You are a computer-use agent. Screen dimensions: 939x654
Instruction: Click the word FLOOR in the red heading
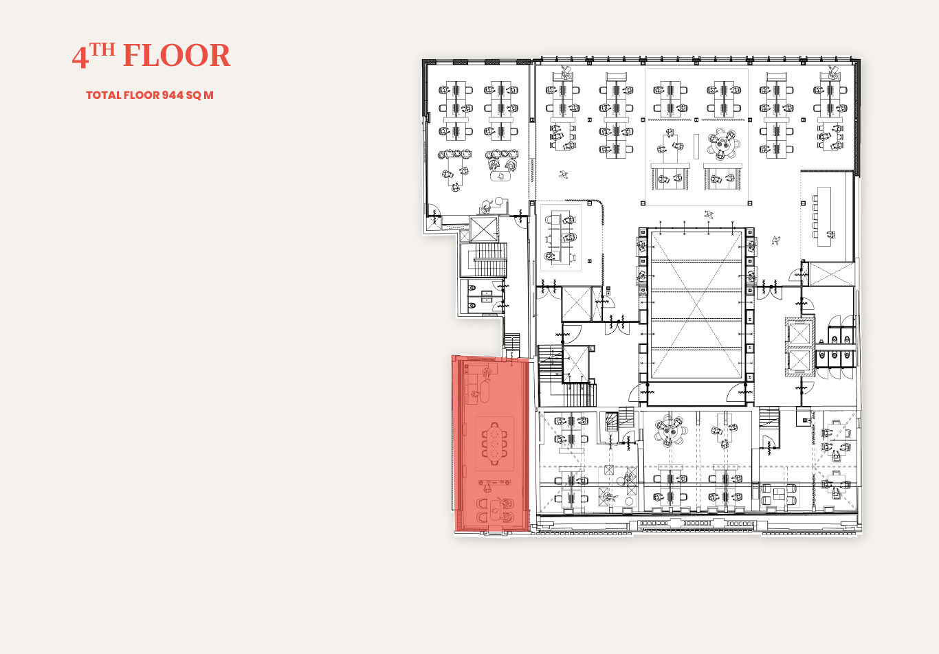click(177, 56)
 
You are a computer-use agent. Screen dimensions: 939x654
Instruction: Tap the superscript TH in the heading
click(102, 49)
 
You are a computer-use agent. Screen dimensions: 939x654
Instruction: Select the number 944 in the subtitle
click(173, 95)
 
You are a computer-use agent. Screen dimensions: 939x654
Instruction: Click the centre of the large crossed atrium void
click(696, 306)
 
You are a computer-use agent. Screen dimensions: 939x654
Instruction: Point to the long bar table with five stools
click(824, 216)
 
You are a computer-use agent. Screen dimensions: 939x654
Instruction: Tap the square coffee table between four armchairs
click(780, 495)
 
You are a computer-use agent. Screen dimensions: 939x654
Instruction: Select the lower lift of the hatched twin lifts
click(799, 360)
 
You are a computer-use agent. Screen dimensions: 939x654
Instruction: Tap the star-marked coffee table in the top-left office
click(500, 177)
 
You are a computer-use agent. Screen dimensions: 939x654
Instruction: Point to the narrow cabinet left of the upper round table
click(696, 146)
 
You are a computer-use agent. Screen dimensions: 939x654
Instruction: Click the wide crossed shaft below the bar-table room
click(831, 274)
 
